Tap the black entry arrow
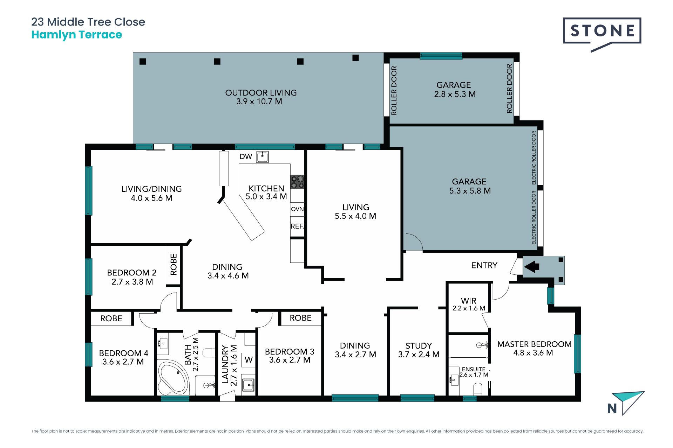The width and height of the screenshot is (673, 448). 532,267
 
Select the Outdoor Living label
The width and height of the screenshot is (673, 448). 261,97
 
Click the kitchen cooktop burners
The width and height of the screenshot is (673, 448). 297,182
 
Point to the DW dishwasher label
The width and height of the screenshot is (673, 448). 246,156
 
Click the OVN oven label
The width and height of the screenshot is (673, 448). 297,209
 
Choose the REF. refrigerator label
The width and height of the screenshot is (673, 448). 297,226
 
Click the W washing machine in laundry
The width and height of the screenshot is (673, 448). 249,359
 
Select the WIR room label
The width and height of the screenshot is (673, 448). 469,304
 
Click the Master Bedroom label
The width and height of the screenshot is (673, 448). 534,348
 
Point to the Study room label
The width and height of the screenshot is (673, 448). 419,350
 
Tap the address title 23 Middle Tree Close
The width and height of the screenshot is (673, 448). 88,22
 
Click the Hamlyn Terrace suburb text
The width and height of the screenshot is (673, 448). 77,35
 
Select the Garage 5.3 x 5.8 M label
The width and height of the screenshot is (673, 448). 470,186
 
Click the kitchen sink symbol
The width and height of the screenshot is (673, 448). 262,156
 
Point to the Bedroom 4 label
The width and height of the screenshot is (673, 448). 123,357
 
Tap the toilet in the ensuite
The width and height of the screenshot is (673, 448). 478,389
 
